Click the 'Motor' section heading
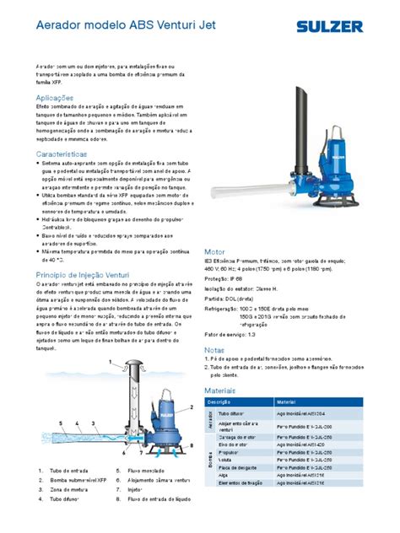point(215,252)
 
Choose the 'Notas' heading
point(215,349)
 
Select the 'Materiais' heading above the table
point(222,390)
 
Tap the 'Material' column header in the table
point(287,403)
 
